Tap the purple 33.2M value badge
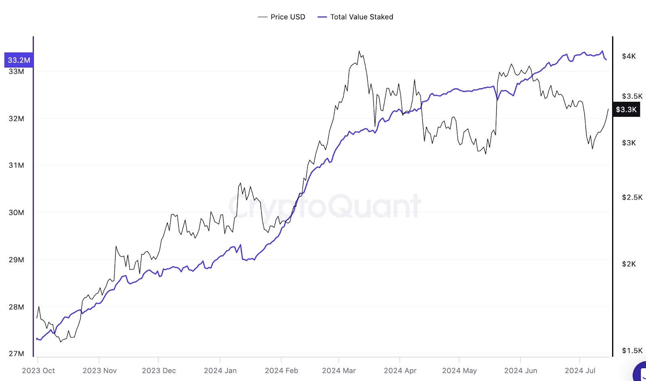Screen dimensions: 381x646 pos(19,60)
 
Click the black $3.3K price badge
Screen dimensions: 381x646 pos(626,109)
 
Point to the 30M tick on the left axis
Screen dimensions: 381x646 pos(16,213)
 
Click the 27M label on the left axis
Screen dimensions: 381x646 pos(16,354)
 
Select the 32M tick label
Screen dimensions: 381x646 pos(16,118)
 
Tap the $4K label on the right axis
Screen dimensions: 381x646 pos(629,56)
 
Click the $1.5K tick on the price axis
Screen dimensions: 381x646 pos(632,350)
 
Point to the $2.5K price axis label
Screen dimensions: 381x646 pos(632,197)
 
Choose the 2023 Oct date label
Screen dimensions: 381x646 pos(38,370)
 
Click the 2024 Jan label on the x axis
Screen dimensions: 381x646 pos(220,370)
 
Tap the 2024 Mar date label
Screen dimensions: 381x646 pos(339,370)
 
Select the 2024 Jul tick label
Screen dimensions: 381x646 pos(580,370)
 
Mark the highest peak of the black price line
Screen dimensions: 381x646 pos(359,51)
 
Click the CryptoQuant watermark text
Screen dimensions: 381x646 pos(325,206)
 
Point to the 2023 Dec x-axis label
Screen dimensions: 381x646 pos(159,370)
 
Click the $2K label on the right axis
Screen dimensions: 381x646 pos(629,264)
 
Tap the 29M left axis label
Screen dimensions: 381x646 pos(16,259)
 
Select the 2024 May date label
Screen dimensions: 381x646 pos(459,370)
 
